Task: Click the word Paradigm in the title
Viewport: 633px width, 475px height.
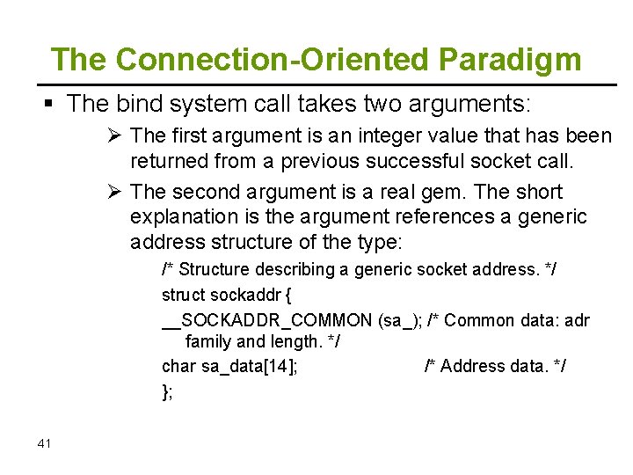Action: click(x=510, y=60)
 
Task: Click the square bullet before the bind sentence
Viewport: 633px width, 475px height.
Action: click(x=48, y=105)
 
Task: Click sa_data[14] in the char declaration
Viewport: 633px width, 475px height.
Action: click(x=249, y=366)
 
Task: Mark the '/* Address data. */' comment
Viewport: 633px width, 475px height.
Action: click(x=495, y=366)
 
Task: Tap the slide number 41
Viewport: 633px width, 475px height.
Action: click(x=45, y=443)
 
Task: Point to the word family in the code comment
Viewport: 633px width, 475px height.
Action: click(x=209, y=342)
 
